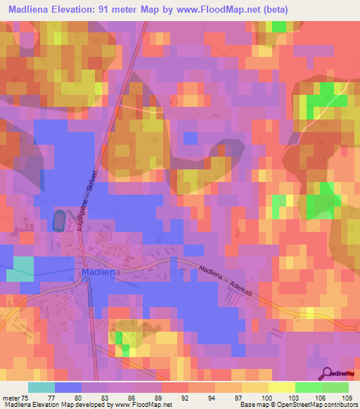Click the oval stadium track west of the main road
(x=58, y=221)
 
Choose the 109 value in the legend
(x=347, y=397)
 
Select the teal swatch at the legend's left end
(x=41, y=387)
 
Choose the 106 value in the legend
(x=320, y=397)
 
